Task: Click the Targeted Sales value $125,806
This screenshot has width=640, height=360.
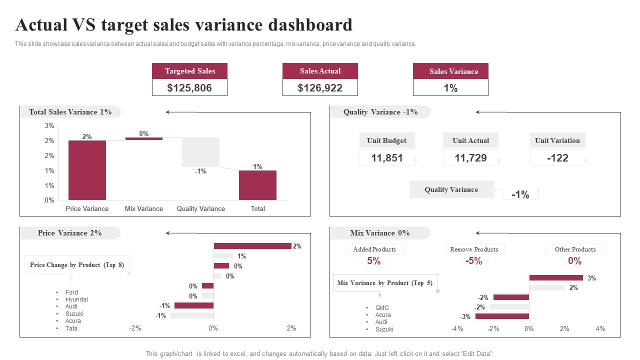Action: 189,88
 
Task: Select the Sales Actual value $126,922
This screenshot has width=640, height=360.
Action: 320,88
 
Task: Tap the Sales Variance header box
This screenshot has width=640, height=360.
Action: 450,71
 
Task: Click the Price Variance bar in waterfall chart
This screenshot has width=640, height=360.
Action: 87,170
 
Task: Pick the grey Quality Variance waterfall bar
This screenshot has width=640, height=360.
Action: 200,152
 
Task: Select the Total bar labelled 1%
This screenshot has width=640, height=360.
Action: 257,185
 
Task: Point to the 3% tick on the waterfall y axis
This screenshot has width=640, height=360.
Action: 49,126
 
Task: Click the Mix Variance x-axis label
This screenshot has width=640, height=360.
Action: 144,208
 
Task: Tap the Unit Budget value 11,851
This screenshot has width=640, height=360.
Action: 387,158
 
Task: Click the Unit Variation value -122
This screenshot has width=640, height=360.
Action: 557,158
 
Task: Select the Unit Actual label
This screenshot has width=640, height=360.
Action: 470,140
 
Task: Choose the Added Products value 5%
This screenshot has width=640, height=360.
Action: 374,260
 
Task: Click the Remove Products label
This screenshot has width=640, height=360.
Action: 474,249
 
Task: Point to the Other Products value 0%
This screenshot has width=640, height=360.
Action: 575,260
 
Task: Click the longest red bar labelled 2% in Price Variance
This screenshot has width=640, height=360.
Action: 252,246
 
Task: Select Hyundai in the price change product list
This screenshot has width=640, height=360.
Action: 76,299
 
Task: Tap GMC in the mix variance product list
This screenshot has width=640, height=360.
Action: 382,308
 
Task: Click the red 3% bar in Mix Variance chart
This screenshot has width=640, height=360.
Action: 556,278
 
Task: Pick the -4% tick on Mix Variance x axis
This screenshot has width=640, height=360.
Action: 457,328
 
